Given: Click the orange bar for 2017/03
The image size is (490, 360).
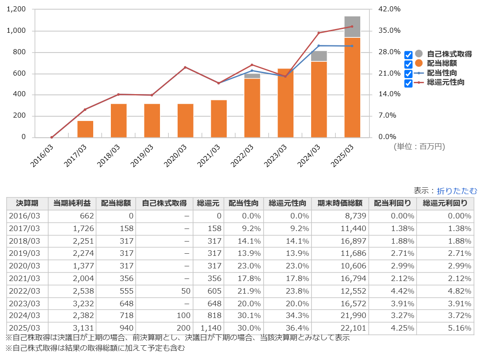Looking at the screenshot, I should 85,129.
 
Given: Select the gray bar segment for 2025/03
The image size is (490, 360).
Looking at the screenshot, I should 352,27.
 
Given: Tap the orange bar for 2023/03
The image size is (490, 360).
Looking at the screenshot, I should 286,103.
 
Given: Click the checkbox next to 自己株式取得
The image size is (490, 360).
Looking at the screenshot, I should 408,55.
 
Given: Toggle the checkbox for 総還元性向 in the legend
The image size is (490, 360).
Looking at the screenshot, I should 408,83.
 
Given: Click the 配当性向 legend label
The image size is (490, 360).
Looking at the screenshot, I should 442,73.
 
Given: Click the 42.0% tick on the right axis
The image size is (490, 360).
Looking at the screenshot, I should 390,9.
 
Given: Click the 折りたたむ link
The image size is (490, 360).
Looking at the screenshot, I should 457,191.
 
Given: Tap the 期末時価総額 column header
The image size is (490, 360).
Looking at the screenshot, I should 340,203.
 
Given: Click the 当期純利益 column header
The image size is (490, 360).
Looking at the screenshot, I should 72,203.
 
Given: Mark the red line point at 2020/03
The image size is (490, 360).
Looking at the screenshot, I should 185,67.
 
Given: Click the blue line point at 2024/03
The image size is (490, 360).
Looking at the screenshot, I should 319,45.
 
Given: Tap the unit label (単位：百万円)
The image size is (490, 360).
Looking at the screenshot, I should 419,147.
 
